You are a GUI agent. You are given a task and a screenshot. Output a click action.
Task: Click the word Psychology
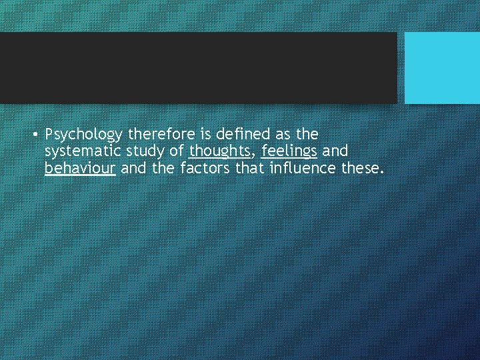84,135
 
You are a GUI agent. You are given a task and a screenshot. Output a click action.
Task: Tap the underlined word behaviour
81,169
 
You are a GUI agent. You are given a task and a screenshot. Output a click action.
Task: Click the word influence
303,169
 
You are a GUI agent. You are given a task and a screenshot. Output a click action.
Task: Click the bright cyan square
442,68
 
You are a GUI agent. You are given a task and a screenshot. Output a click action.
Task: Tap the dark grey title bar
198,68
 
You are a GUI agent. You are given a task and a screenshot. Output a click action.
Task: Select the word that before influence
251,169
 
